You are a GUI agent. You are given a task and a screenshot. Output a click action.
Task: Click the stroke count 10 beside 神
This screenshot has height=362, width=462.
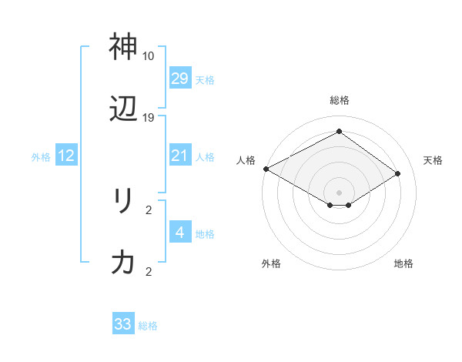point(149,56)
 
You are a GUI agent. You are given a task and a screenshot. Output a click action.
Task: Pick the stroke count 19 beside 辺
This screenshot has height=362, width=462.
point(149,118)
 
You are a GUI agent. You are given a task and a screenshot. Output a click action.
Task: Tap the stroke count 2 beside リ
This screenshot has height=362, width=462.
point(149,209)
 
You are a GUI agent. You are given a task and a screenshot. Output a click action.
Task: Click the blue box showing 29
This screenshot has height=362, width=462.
point(179,79)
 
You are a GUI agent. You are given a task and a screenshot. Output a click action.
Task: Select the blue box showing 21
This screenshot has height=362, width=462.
point(179,156)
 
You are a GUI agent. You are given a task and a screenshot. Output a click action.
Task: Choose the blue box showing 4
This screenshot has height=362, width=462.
point(179,233)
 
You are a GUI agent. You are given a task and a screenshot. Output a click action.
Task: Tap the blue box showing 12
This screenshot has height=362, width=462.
point(65,156)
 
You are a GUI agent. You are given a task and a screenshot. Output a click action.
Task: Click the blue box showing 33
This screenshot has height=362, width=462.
point(123,324)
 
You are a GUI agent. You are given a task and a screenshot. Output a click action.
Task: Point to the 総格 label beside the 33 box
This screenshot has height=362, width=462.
point(148,326)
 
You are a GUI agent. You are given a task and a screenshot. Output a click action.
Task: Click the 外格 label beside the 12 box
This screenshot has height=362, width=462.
point(41,157)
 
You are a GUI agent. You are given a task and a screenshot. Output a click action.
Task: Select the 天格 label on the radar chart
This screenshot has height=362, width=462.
point(433,160)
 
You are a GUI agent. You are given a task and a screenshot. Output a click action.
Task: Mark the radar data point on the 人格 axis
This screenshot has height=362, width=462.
point(266,169)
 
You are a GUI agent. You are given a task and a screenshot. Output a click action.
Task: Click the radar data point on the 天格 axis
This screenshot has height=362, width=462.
point(398,174)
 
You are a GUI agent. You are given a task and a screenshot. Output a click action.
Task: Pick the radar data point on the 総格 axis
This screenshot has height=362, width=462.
point(339,131)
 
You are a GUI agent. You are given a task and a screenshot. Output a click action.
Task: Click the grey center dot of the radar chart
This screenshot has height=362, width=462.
point(339,192)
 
